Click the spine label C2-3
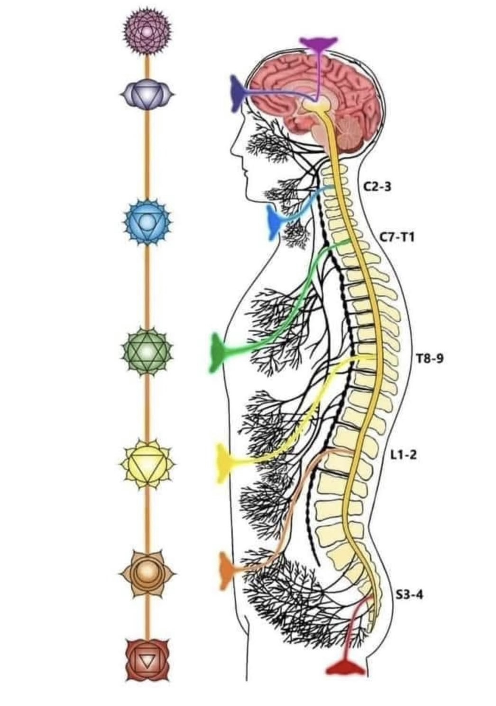[377, 186]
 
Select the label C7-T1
[397, 237]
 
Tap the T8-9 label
[430, 358]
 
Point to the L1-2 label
[404, 455]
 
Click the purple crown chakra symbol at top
[147, 32]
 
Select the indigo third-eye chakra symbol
[147, 95]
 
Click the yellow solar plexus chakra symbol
[147, 465]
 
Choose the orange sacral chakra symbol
[147, 573]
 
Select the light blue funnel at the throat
[274, 221]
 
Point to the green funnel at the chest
[219, 352]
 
